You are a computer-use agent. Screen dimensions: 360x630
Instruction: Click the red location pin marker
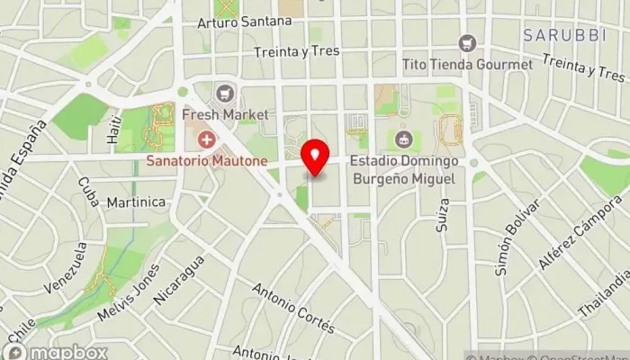point(315,158)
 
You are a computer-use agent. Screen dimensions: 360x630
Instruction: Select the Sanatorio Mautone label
point(208,161)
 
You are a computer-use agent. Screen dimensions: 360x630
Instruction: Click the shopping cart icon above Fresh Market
point(225,93)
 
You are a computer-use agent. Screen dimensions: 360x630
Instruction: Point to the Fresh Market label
point(225,114)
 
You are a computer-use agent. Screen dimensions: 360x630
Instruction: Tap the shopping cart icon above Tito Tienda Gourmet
point(466,43)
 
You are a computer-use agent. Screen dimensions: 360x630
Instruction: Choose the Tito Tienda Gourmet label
point(468,65)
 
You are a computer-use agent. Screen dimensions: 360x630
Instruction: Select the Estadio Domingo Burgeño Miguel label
point(404,170)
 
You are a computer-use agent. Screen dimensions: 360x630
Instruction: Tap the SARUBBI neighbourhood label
point(564,35)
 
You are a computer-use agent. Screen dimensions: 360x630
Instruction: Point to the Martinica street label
point(136,202)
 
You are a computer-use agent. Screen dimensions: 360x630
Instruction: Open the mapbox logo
point(56,351)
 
